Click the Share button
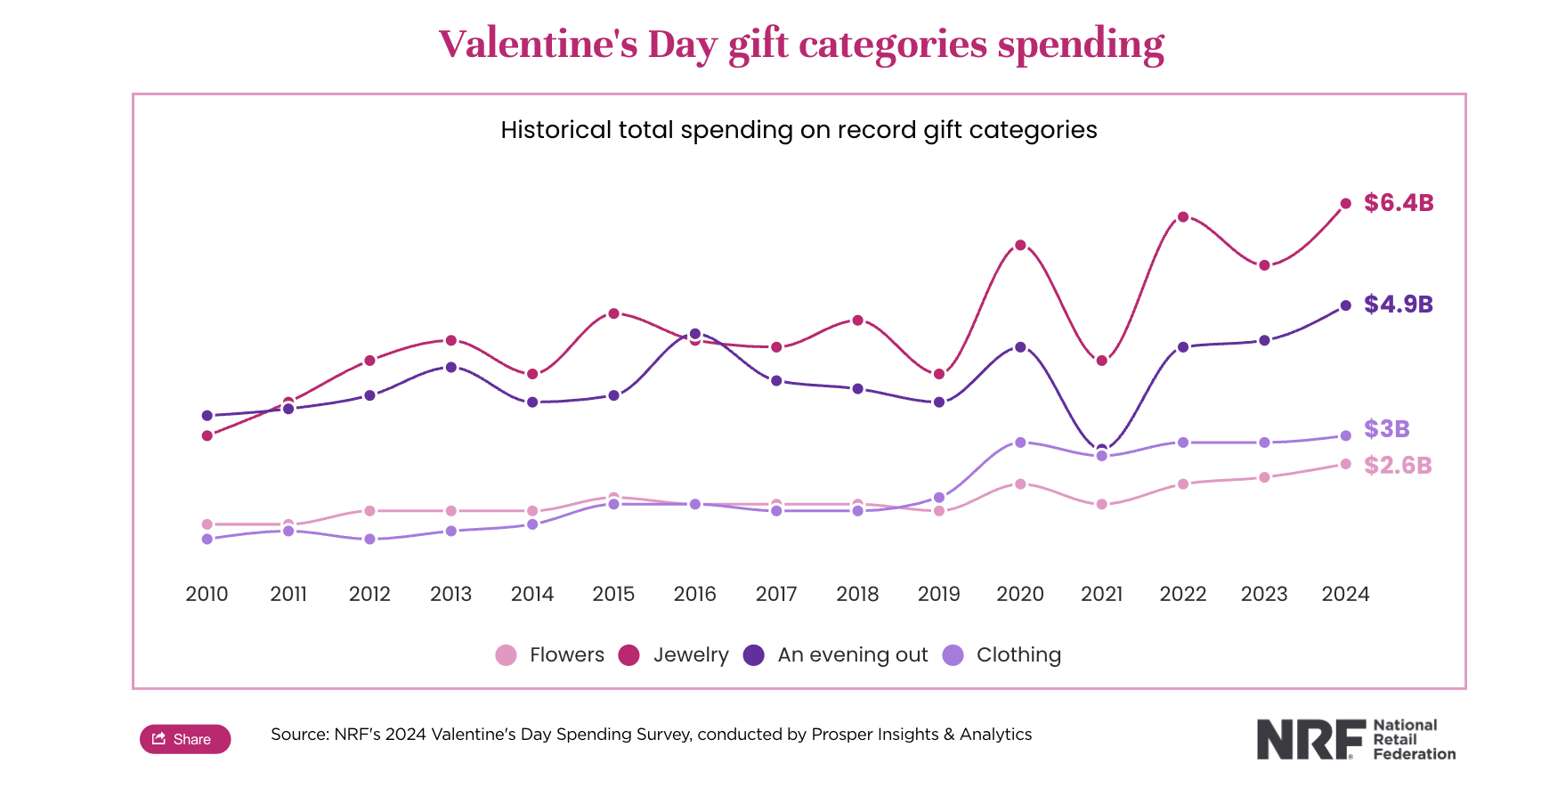(185, 739)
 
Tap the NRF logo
(1355, 739)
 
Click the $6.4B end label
(1399, 203)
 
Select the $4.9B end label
(1399, 305)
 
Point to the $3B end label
(1386, 429)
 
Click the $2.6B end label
(1398, 466)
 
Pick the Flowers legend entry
(550, 655)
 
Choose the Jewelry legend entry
(674, 655)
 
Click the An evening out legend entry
(836, 655)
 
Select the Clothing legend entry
(1002, 655)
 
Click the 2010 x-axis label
(207, 594)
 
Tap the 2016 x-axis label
(694, 594)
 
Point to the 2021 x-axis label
(1101, 594)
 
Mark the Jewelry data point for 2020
(1020, 245)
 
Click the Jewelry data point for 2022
(1183, 217)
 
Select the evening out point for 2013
(451, 367)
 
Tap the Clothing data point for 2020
(1020, 443)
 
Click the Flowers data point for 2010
(207, 524)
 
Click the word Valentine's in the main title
(538, 45)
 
